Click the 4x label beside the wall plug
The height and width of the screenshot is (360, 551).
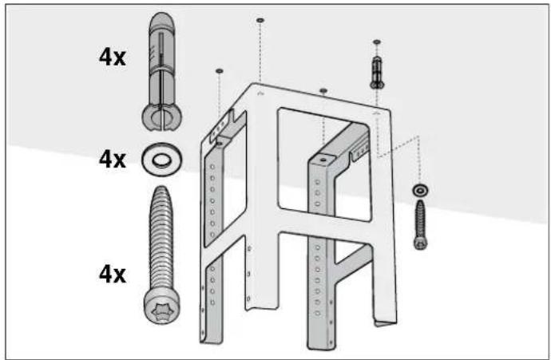pyautogui.click(x=112, y=57)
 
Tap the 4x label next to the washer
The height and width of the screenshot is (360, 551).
pyautogui.click(x=112, y=160)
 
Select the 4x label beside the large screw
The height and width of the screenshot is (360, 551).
pyautogui.click(x=112, y=275)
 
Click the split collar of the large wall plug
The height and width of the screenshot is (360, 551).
pyautogui.click(x=161, y=118)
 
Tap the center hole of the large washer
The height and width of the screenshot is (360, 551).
pyautogui.click(x=161, y=160)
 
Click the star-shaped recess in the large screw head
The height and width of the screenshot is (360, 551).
pyautogui.click(x=162, y=310)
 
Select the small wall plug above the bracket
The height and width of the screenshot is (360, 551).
pyautogui.click(x=377, y=72)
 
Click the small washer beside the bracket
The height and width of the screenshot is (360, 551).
pyautogui.click(x=419, y=190)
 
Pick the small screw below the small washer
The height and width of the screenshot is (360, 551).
pyautogui.click(x=420, y=224)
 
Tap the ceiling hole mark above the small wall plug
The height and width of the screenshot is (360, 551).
pyautogui.click(x=377, y=42)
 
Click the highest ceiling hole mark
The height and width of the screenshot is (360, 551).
pyautogui.click(x=260, y=21)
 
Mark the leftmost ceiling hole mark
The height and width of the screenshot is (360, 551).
pyautogui.click(x=219, y=71)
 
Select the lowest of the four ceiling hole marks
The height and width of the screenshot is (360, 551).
pyautogui.click(x=323, y=91)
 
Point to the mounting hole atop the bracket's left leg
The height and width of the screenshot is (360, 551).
pyautogui.click(x=220, y=144)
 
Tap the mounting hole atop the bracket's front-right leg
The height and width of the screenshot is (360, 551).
pyautogui.click(x=323, y=160)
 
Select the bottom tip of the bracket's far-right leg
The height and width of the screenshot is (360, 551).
pyautogui.click(x=386, y=323)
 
